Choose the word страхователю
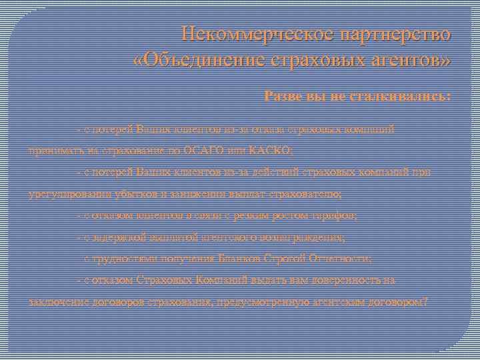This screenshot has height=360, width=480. (307, 194)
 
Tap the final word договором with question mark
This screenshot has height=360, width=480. (399, 302)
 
